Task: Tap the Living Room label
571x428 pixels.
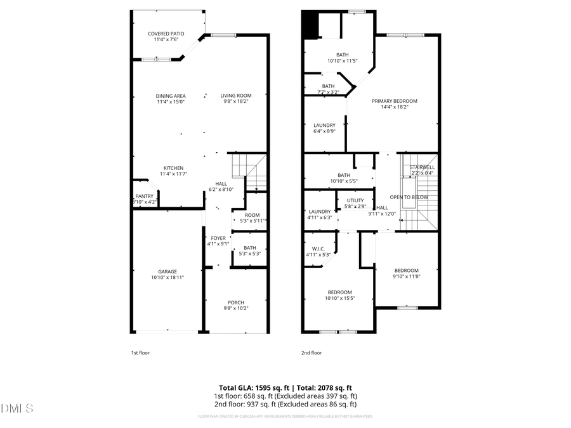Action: (236, 96)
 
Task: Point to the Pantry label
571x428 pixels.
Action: (144, 196)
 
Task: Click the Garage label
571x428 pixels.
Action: (167, 271)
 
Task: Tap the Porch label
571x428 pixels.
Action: (236, 302)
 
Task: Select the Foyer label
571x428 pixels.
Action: (218, 238)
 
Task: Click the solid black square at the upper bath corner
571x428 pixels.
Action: (310, 25)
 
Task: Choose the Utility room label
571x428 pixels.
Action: (355, 200)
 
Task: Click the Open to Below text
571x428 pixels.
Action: (409, 197)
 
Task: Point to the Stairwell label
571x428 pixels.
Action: (421, 167)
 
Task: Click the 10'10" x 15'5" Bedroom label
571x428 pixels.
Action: (339, 292)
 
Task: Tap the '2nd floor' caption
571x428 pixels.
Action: (312, 353)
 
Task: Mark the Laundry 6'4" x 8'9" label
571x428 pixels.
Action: (324, 126)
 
